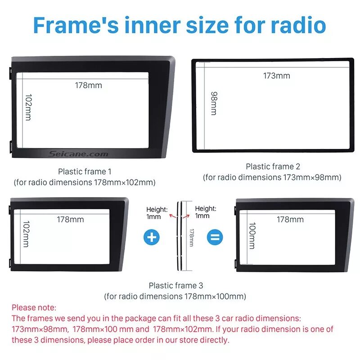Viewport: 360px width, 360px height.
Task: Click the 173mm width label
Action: pos(277,76)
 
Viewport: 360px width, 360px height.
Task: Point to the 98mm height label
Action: pos(213,103)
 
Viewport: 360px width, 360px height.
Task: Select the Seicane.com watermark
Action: pos(78,154)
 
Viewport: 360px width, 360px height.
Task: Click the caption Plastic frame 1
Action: pos(85,171)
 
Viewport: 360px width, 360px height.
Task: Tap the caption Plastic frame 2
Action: pos(272,166)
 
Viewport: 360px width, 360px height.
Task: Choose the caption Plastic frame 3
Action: pos(176,285)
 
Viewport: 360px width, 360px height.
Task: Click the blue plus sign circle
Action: pos(152,237)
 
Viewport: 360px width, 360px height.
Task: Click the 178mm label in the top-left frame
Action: pos(88,85)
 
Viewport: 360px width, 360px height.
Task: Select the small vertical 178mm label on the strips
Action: pos(191,237)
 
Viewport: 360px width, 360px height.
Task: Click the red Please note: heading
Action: pos(34,308)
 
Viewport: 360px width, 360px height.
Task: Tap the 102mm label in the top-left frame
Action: pos(28,107)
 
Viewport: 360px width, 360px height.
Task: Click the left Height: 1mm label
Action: pos(157,212)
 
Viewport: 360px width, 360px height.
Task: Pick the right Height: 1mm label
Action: pos(205,212)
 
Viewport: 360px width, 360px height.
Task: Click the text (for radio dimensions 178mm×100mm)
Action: pos(175,296)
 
